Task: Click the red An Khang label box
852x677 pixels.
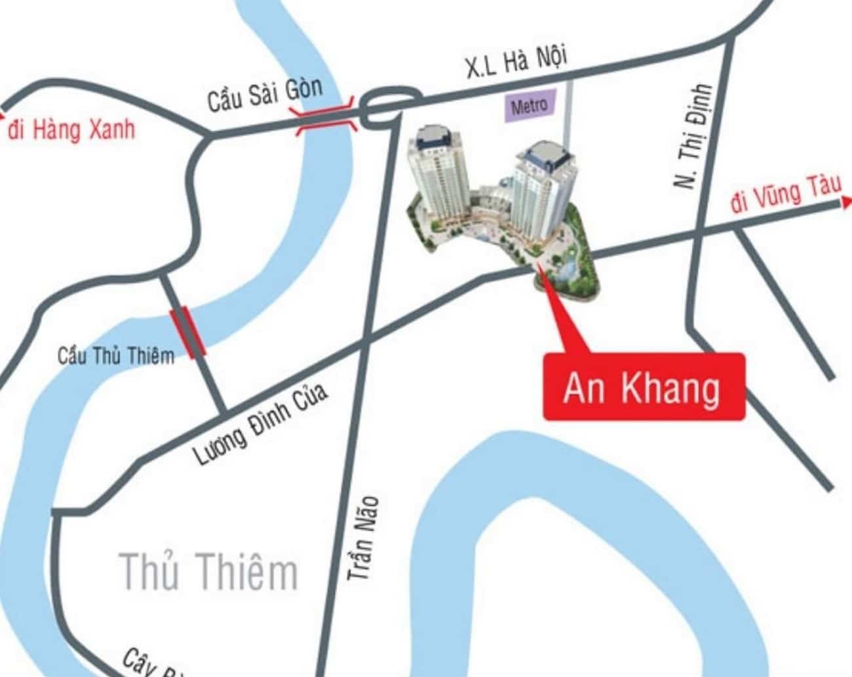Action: click(x=644, y=387)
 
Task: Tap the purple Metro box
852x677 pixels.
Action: click(x=529, y=105)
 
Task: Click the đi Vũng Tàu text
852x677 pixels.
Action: click(x=786, y=194)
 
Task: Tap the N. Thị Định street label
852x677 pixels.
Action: click(x=693, y=137)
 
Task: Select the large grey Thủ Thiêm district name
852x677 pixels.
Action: click(x=209, y=571)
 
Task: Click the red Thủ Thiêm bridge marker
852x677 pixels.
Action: click(x=188, y=332)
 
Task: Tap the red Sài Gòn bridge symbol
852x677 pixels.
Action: click(x=326, y=116)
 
